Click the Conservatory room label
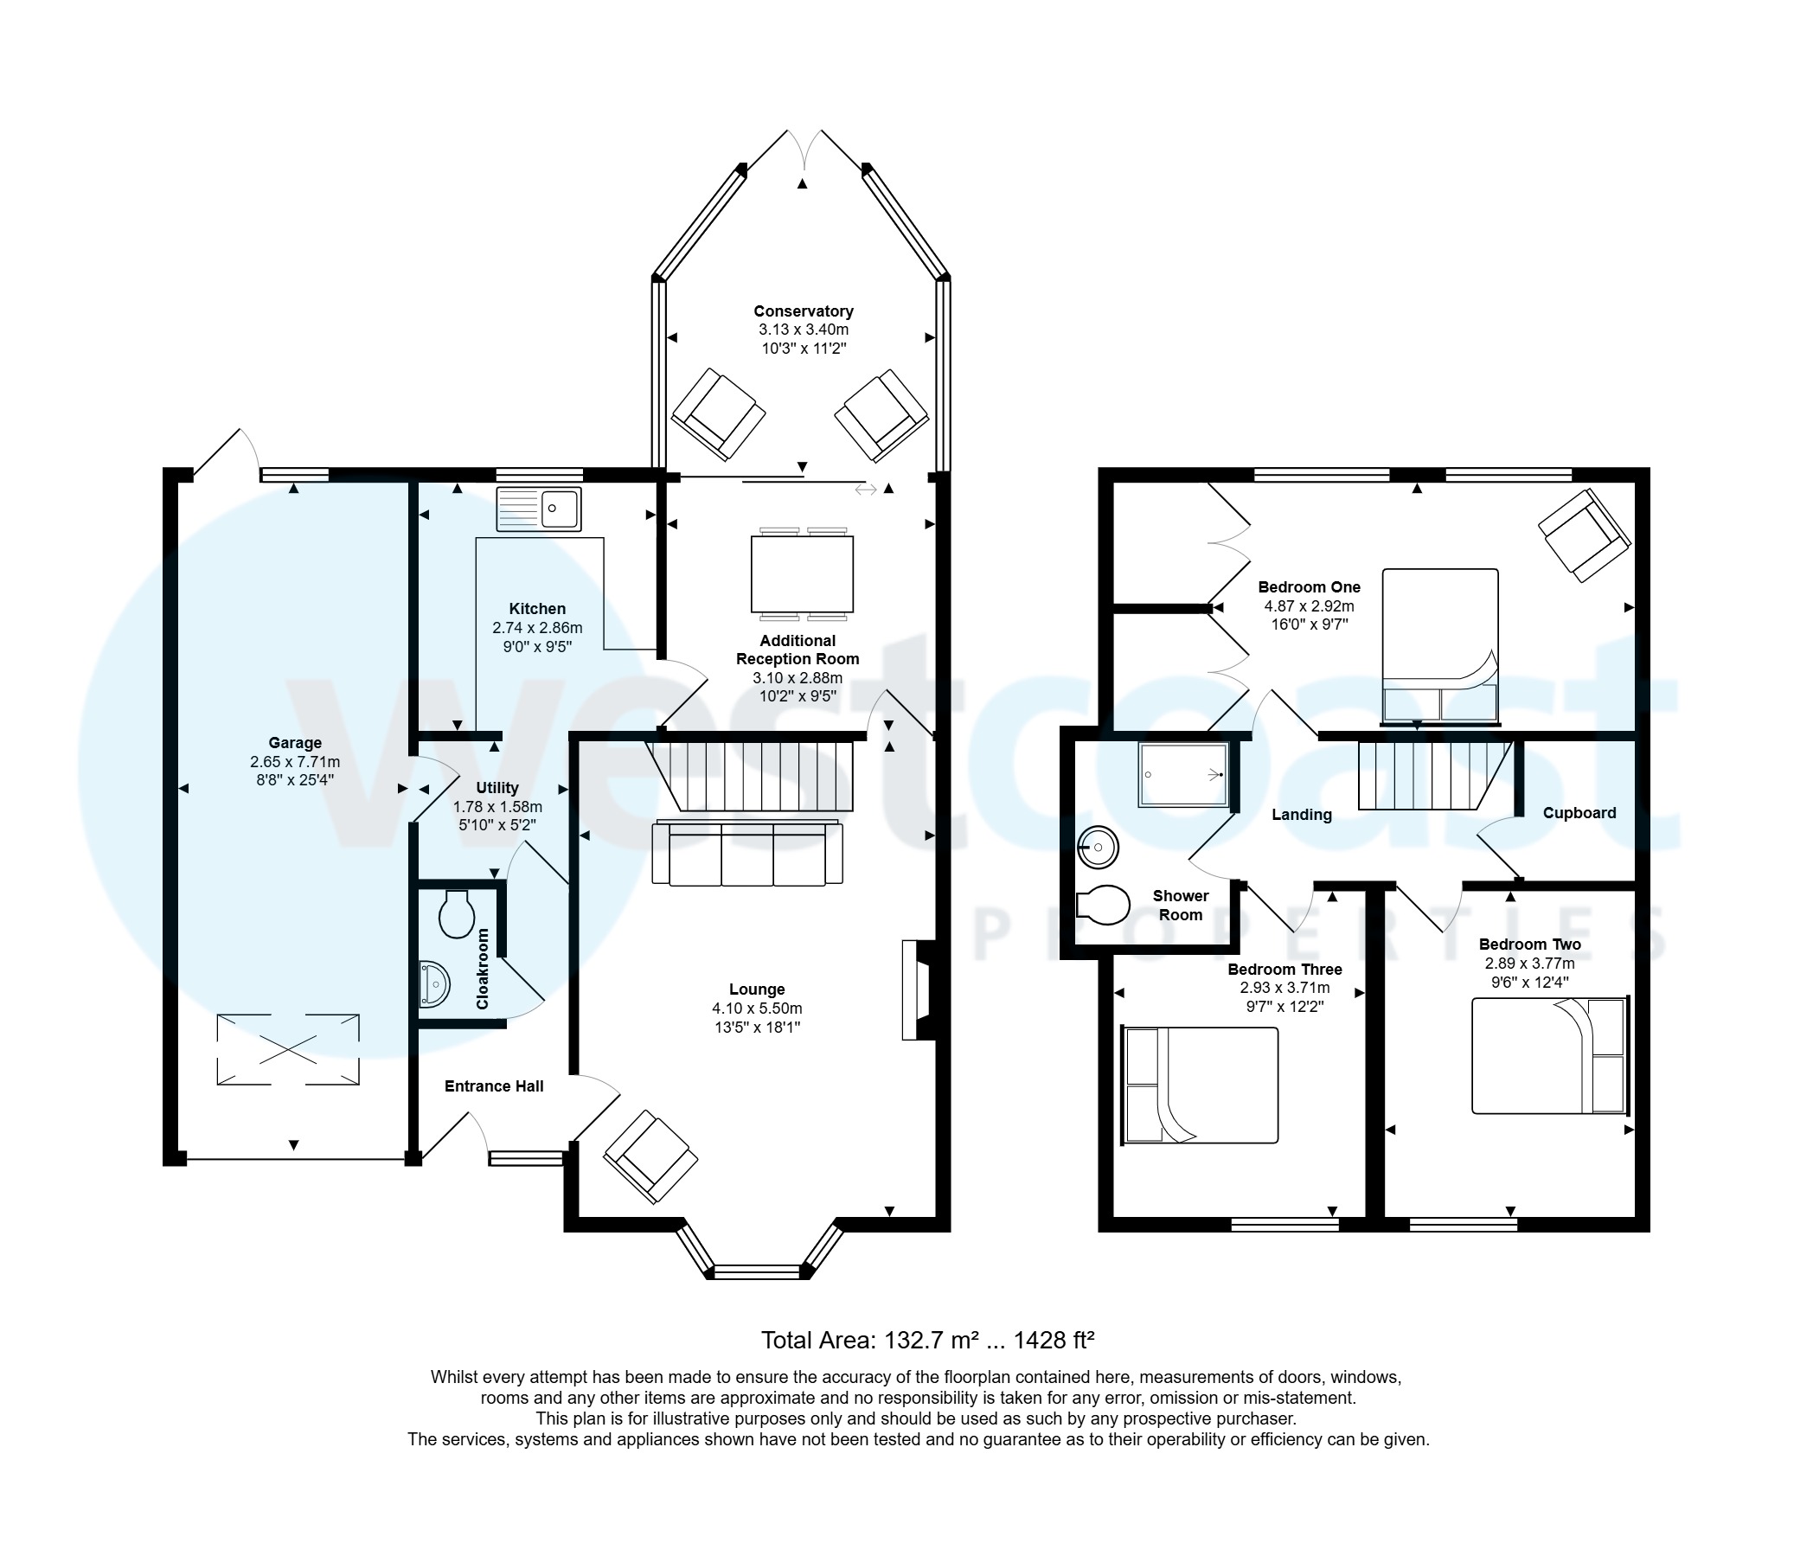(804, 311)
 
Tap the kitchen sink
(538, 509)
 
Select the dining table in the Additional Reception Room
(802, 574)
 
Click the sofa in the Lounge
(747, 855)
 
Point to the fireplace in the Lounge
(917, 989)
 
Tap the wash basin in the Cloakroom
(434, 984)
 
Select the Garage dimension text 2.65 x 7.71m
(295, 761)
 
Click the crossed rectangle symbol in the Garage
(288, 1048)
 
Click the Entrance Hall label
(494, 1086)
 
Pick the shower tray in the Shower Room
(1183, 774)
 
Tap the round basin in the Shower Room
(1098, 847)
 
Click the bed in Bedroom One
(1439, 646)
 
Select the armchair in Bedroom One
(1584, 535)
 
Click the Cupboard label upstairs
(1579, 813)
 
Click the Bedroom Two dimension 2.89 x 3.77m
(1528, 964)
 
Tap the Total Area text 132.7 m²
(927, 1340)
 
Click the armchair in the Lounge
(650, 1156)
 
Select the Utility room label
(497, 788)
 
